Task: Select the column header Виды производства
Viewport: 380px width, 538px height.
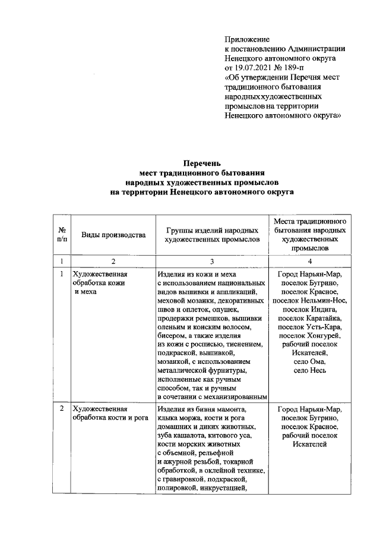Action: (113, 235)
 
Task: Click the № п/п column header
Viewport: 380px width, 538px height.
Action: (61, 235)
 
